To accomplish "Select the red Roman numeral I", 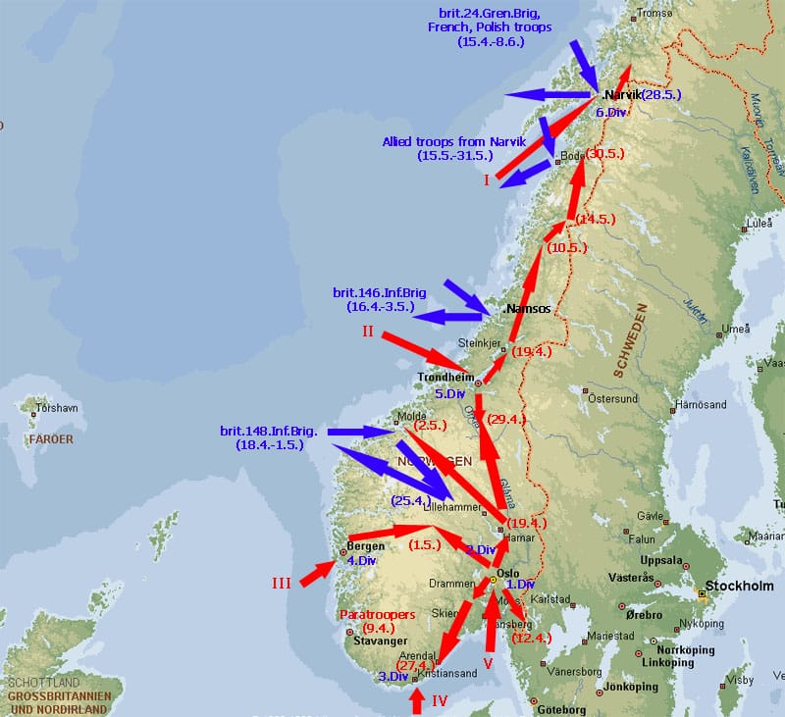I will coord(486,179).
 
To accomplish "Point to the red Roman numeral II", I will coord(367,332).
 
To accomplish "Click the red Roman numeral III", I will coord(282,584).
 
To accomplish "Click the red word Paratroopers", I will coord(377,614).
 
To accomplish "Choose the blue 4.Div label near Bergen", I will coord(362,561).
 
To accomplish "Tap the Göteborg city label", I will coord(563,709).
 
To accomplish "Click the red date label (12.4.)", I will coord(533,639).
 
